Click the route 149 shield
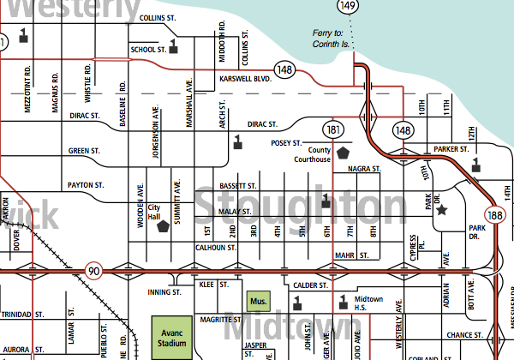click(347, 7)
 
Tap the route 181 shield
click(334, 129)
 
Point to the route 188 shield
click(493, 215)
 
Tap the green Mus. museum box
click(258, 301)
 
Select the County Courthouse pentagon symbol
click(344, 152)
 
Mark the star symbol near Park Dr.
click(441, 208)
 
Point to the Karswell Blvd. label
click(244, 79)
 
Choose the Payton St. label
click(86, 185)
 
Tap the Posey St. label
click(285, 143)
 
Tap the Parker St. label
click(450, 148)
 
